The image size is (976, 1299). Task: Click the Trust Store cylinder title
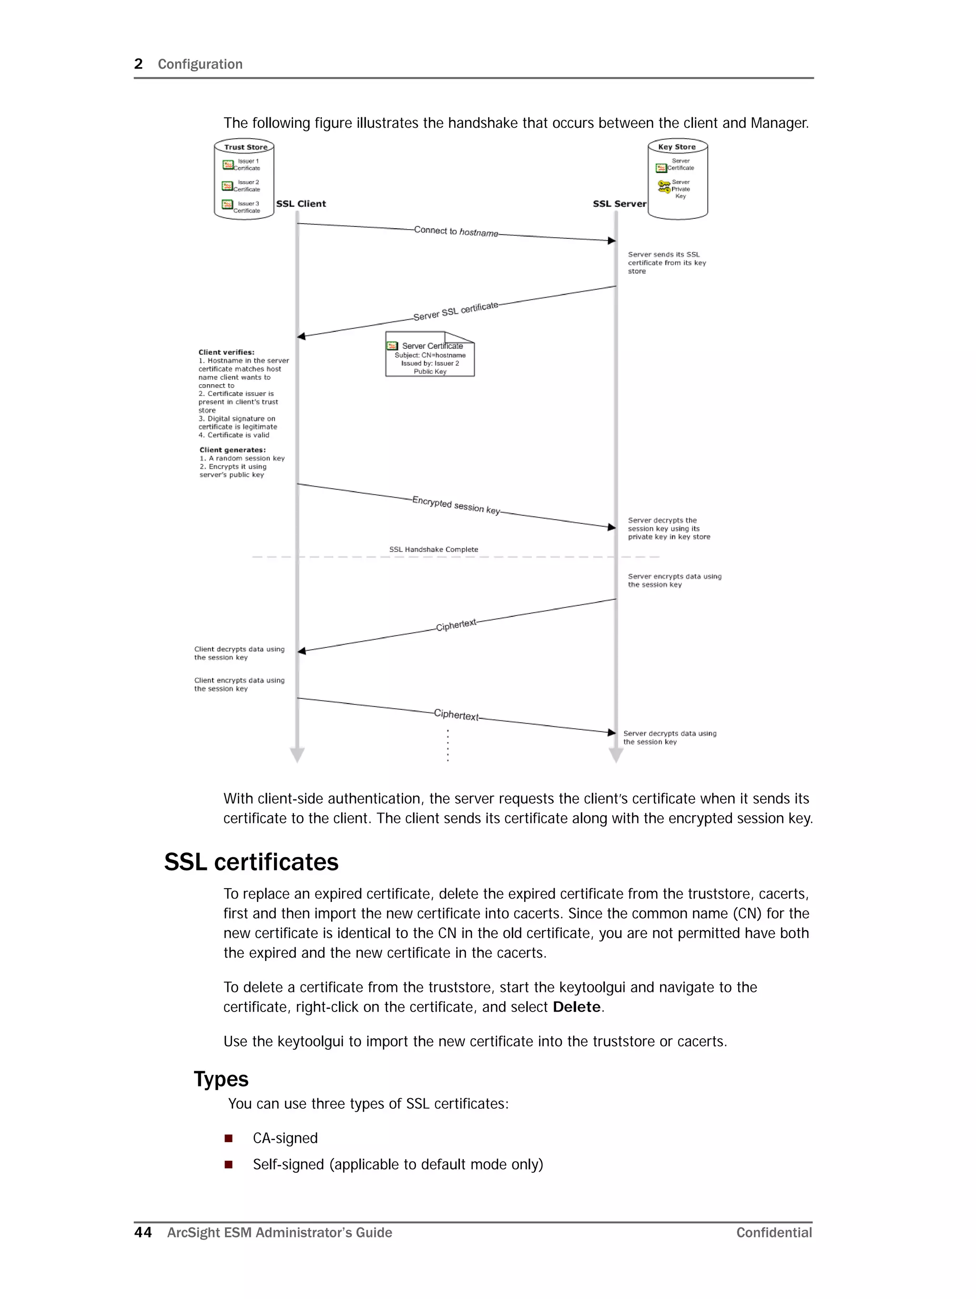pos(245,147)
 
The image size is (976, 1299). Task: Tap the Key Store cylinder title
pos(677,147)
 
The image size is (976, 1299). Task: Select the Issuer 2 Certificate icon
pos(227,186)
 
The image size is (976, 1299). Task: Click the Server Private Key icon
pos(663,187)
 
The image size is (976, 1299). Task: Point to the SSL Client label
pos(301,204)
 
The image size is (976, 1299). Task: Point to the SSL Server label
pos(619,204)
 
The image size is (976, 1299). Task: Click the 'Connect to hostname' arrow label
pos(456,231)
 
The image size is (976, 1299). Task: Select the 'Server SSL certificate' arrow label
pos(455,311)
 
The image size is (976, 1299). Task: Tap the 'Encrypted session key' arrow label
pos(456,504)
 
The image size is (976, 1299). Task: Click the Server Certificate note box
pos(430,355)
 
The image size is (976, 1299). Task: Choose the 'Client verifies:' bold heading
pos(226,352)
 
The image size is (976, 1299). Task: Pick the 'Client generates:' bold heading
pos(232,450)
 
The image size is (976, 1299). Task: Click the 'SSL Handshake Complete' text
pos(433,550)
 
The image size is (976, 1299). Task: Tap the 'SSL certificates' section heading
pos(251,862)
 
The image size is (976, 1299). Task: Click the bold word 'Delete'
pos(577,1007)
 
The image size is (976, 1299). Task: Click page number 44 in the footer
pos(142,1232)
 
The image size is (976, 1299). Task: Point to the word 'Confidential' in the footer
pos(774,1233)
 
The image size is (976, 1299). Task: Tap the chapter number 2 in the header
pos(139,64)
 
